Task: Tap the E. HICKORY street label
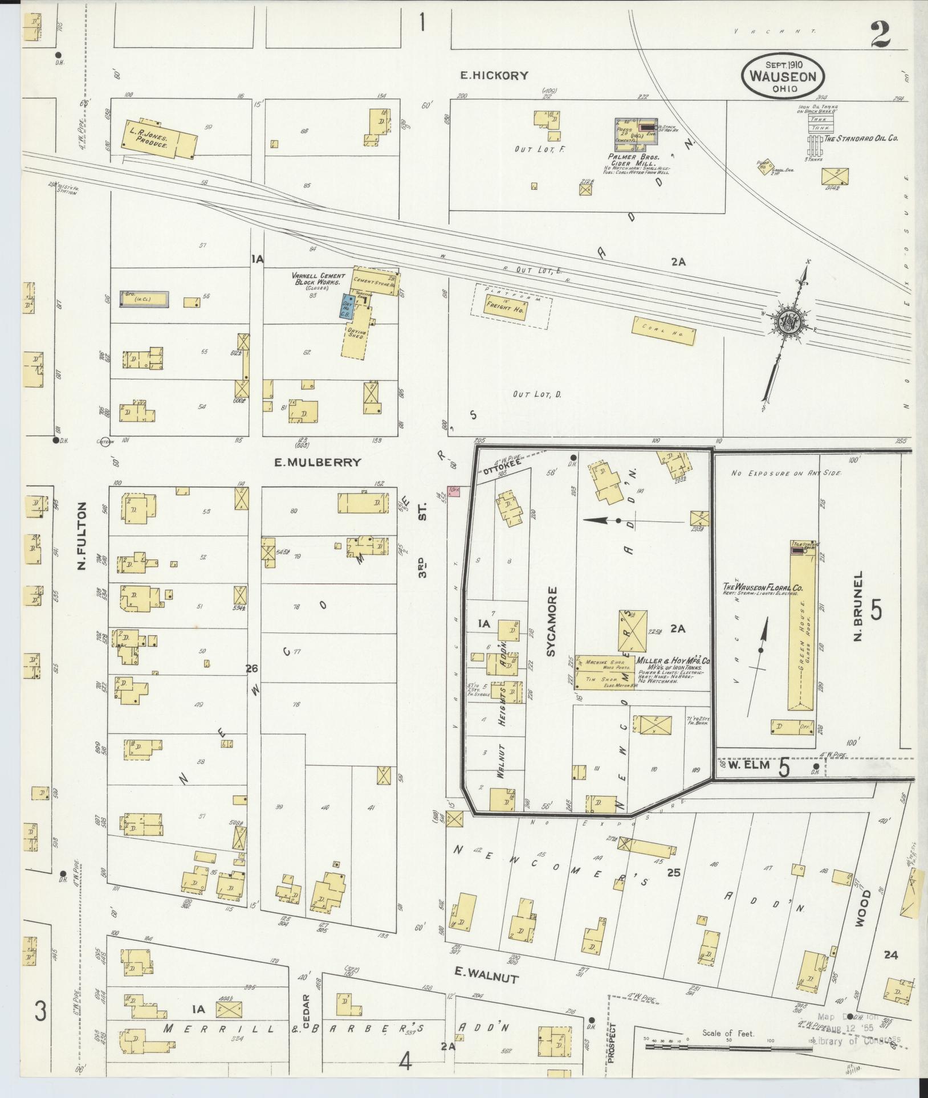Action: [x=495, y=75]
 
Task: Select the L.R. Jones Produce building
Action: [x=160, y=138]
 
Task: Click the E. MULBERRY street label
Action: [x=318, y=462]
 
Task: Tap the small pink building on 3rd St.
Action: [x=454, y=491]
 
